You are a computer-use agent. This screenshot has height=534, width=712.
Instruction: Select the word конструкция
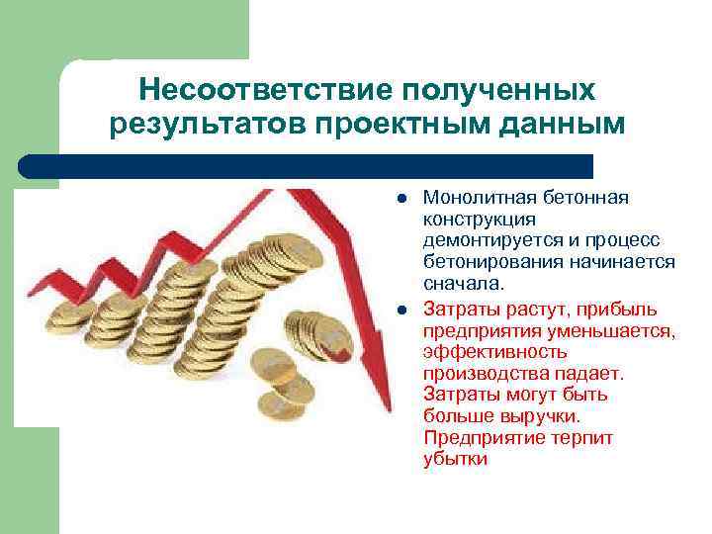(x=480, y=219)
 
